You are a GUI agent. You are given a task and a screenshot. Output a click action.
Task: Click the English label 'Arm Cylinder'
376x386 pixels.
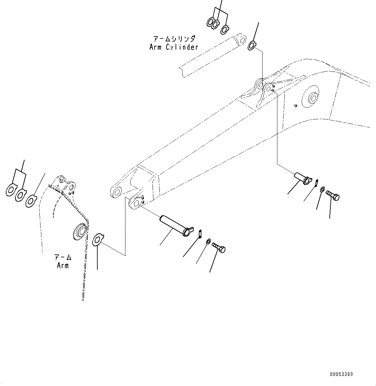click(x=174, y=47)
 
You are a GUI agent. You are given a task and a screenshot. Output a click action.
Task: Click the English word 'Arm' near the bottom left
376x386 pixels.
click(x=63, y=265)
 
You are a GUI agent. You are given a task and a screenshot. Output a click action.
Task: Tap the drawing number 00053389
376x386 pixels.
click(x=341, y=374)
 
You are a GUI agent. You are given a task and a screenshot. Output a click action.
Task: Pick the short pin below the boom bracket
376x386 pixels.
click(x=301, y=177)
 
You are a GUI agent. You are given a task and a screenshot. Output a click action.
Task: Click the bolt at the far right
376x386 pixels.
click(x=332, y=195)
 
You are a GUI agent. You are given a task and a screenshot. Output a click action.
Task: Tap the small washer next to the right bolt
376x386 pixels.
click(x=322, y=189)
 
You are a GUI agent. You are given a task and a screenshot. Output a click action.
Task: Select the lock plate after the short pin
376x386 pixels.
click(x=317, y=183)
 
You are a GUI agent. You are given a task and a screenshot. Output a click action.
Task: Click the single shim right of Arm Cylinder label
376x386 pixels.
click(x=252, y=46)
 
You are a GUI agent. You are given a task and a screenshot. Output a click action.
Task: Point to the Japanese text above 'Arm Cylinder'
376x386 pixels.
click(x=174, y=39)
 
